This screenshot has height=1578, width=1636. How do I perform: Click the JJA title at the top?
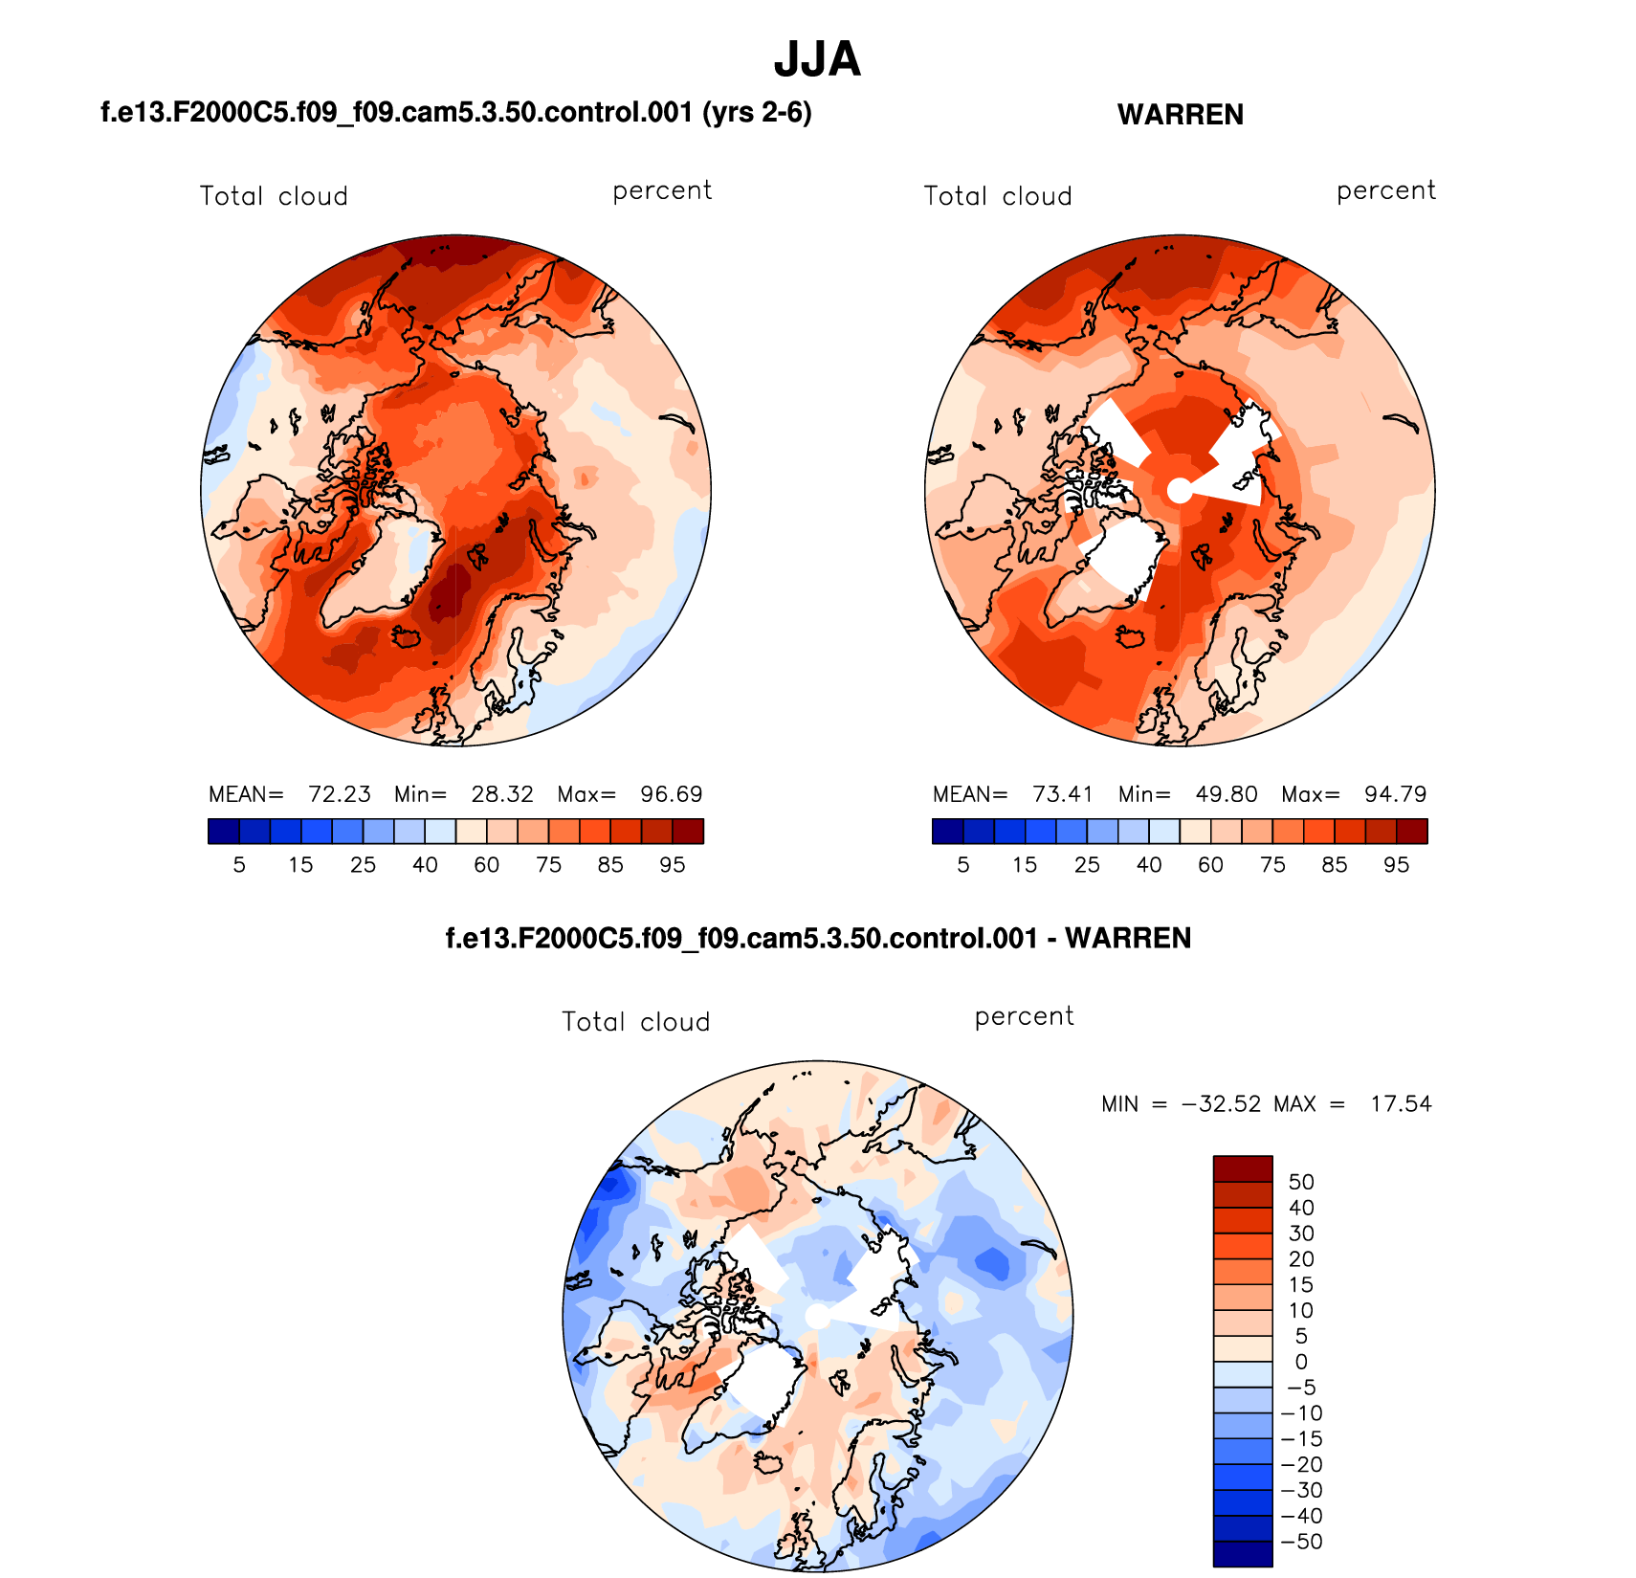coord(817,59)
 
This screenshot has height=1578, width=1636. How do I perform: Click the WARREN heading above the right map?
coord(1180,115)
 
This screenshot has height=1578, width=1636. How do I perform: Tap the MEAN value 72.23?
coord(340,794)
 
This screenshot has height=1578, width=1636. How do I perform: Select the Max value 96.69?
coord(672,794)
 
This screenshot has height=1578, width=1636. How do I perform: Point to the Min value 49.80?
coord(1227,794)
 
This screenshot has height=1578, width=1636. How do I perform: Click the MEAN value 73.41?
coord(1063,794)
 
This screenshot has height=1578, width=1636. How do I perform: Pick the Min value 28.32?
coord(502,794)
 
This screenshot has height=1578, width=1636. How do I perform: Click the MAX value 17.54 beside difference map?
coord(1401,1104)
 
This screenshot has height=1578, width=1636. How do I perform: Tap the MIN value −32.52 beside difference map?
coord(1222,1104)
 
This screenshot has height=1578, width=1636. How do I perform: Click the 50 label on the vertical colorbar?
coord(1301,1182)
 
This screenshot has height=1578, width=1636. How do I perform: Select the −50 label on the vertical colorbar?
coord(1301,1542)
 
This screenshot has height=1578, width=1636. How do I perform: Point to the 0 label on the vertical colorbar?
coord(1301,1362)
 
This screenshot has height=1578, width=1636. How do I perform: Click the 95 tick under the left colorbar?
coord(673,865)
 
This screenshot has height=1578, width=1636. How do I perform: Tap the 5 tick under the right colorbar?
coord(963,865)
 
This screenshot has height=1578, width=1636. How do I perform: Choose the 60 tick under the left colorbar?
coord(487,865)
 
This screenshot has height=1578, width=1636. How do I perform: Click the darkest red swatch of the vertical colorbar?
coord(1243,1168)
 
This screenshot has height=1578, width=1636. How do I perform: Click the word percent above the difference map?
coord(1024,1016)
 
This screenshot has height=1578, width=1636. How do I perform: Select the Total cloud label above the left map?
coord(274,196)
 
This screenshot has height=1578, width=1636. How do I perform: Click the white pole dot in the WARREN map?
coord(1181,491)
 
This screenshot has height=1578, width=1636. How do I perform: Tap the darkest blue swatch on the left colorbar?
coord(223,831)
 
